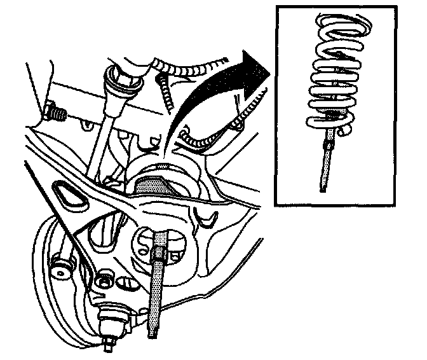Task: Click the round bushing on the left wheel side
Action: click(62, 267)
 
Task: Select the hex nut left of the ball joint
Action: click(103, 280)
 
